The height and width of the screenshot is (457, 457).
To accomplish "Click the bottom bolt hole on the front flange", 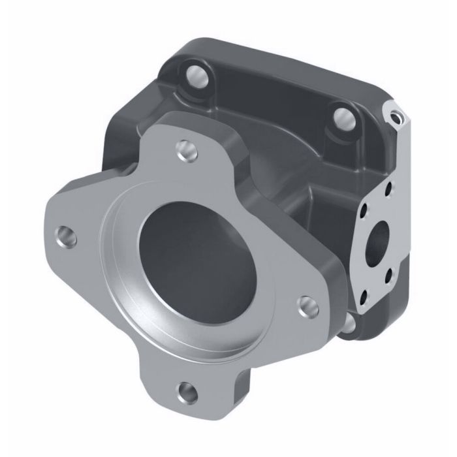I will coord(187,392).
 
